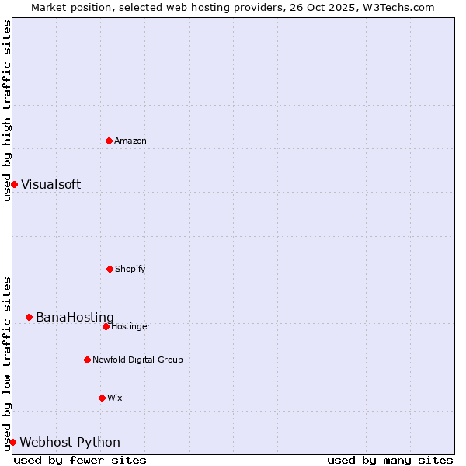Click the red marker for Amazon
(x=109, y=141)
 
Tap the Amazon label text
(x=130, y=141)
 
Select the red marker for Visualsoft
(x=14, y=184)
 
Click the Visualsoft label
(x=50, y=185)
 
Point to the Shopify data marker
(x=110, y=269)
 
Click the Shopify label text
(x=130, y=270)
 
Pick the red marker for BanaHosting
(x=29, y=317)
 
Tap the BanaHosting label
(x=75, y=318)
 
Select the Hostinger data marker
(x=106, y=326)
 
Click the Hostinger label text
(x=130, y=327)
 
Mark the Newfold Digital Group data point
(x=87, y=360)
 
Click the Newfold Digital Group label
(x=137, y=360)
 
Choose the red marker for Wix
(x=102, y=398)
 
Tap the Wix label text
(x=115, y=398)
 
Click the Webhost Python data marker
(x=12, y=442)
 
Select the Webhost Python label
(x=70, y=443)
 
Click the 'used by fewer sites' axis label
(x=80, y=461)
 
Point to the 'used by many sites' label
(x=390, y=461)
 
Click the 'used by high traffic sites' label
(x=7, y=110)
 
